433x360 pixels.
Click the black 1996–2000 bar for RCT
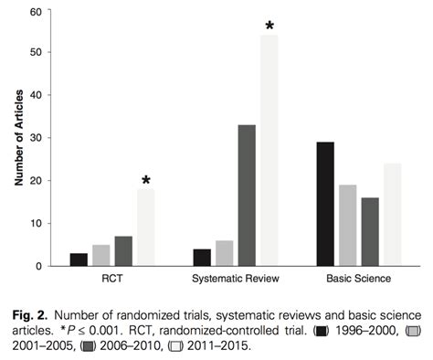pos(79,259)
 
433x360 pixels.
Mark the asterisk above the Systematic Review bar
pos(269,26)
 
